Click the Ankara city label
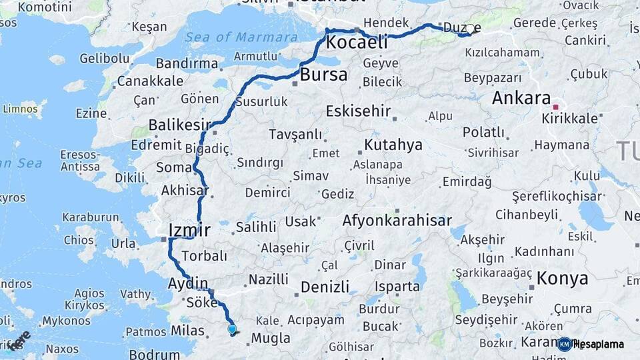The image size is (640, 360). coord(521,98)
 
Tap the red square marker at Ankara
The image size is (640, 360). coord(556,106)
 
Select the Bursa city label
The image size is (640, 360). coord(323,75)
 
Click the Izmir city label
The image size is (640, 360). coord(189,230)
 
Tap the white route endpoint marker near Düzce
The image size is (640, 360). coord(470,29)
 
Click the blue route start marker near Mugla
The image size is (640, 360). coord(232,329)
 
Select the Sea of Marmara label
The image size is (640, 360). coord(241,37)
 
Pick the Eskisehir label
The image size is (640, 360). coord(359,111)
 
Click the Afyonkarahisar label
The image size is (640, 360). coord(397,221)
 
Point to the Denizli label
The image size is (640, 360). coord(325,287)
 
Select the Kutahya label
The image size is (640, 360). coord(393,145)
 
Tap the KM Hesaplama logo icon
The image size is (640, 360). coord(564,344)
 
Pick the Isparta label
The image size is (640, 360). coord(397,287)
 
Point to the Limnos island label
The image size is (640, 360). coord(21,108)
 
